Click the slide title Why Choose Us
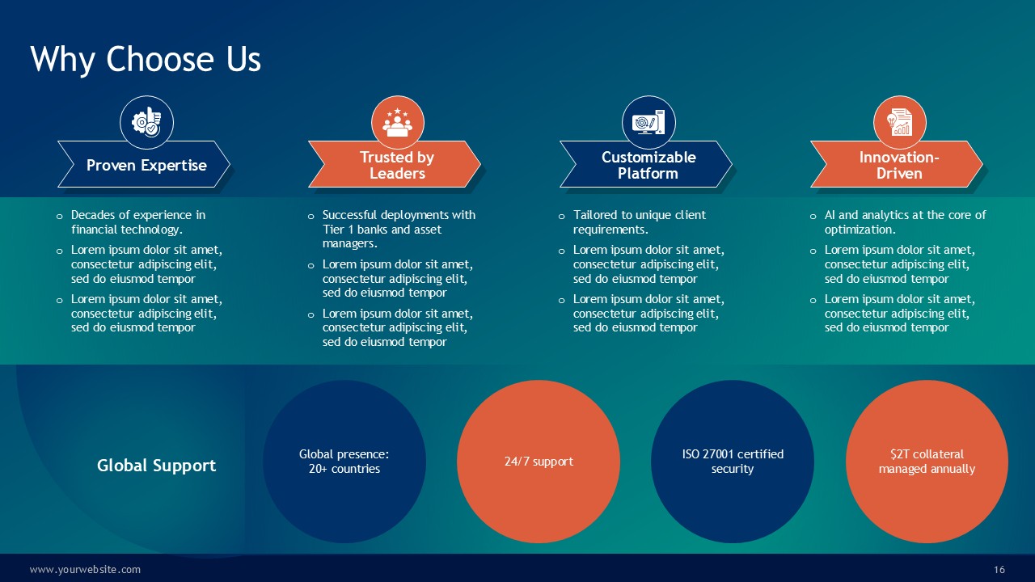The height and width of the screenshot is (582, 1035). (146, 59)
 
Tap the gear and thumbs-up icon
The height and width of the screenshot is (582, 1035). (146, 122)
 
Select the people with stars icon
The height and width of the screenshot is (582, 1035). (397, 122)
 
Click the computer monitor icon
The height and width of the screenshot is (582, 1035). (648, 122)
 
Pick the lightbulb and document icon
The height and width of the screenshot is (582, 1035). (900, 122)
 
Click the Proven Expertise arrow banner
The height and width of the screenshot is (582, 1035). (144, 164)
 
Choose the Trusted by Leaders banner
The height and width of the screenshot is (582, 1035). (395, 164)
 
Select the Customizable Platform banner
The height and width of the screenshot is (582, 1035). (646, 164)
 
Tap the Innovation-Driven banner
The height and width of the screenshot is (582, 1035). (897, 164)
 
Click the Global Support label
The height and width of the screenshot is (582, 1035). (156, 465)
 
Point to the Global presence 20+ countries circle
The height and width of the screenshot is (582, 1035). (344, 462)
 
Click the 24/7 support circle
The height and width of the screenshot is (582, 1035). (539, 462)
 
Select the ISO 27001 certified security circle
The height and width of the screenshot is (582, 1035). (733, 462)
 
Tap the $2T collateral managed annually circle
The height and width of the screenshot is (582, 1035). (927, 462)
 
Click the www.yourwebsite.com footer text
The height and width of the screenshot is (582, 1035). (85, 570)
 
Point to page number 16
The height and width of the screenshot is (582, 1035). (999, 570)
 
